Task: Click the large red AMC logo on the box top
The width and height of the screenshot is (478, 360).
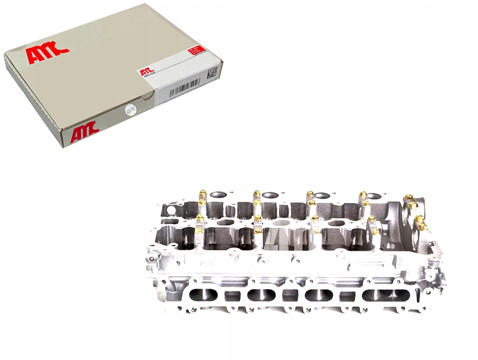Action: click(48, 54)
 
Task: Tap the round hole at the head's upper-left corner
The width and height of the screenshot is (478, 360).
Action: click(169, 210)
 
